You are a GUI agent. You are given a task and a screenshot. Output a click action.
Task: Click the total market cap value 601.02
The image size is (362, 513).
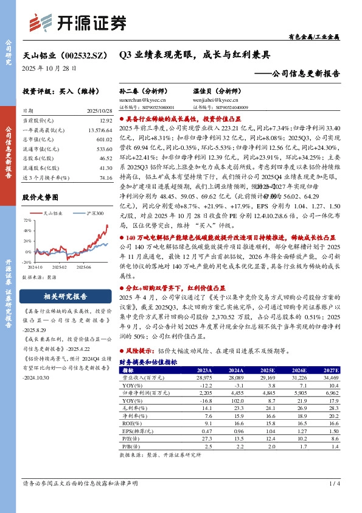click(x=98, y=140)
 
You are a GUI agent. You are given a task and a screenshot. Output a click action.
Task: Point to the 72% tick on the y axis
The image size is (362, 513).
click(x=27, y=219)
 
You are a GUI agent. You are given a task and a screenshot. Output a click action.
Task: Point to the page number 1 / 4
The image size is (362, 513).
click(x=333, y=501)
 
